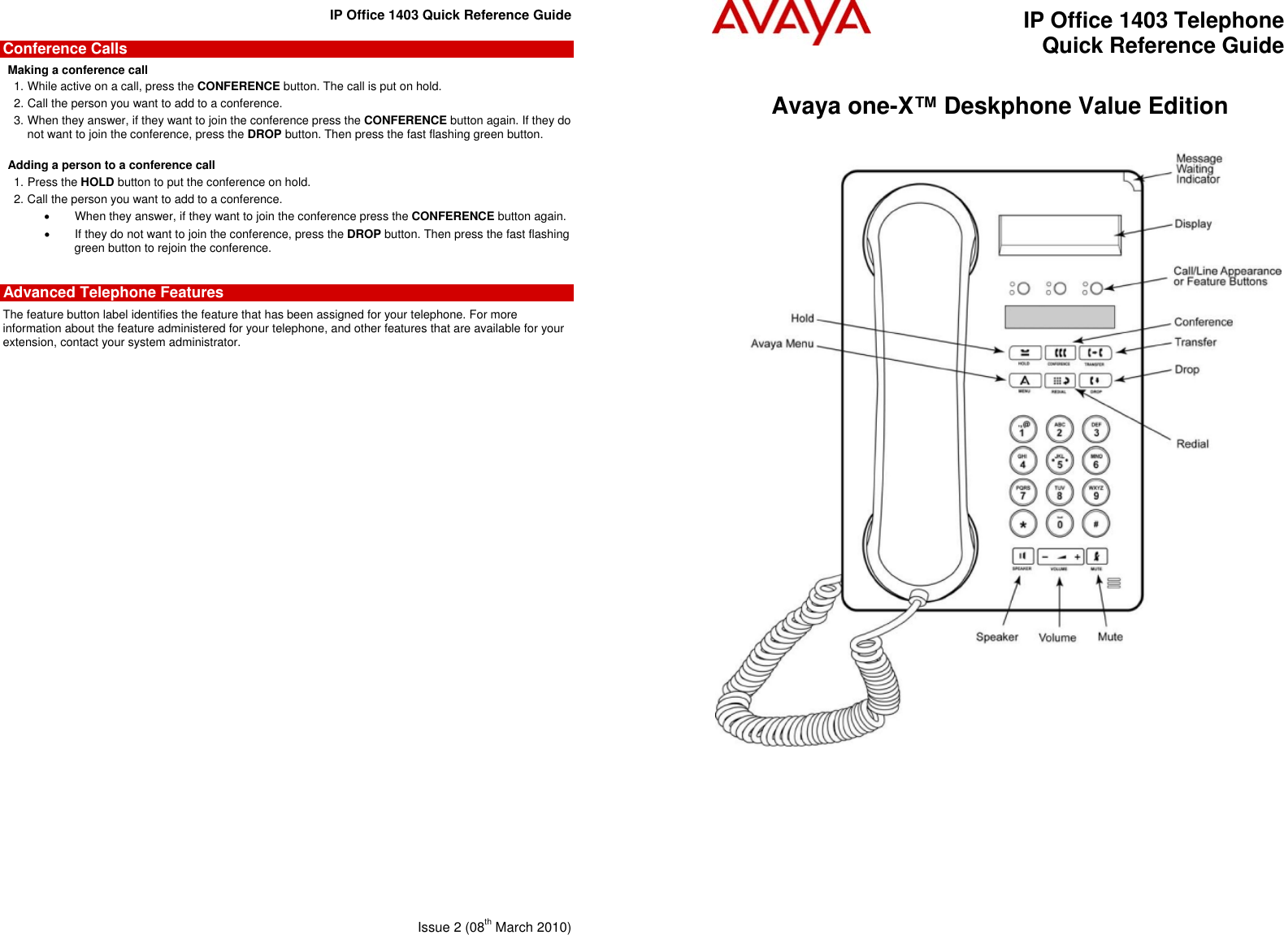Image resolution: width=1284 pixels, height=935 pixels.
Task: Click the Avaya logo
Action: click(791, 22)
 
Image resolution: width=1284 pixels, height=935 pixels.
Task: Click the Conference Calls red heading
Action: click(65, 49)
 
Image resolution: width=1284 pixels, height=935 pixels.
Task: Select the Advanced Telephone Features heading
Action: click(113, 292)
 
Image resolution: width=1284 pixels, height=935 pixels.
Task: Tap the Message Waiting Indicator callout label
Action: click(1199, 169)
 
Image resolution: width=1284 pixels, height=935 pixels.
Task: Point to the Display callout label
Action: click(1193, 223)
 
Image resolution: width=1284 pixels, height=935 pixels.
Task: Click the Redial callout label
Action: click(1192, 444)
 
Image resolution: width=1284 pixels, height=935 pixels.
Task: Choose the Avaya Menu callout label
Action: click(782, 344)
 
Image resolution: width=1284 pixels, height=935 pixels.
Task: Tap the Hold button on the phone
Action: click(1025, 353)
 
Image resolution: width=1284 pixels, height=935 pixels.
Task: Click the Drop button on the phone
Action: click(1095, 380)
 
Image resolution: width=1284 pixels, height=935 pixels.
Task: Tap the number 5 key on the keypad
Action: click(1060, 461)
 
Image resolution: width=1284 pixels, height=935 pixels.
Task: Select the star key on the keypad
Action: click(1023, 524)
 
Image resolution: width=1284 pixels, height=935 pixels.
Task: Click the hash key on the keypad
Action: click(1095, 524)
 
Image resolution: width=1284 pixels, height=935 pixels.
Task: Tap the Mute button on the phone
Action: click(1096, 556)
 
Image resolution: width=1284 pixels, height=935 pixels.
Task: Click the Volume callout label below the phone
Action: click(1057, 638)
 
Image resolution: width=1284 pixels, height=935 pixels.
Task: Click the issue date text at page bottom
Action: click(494, 927)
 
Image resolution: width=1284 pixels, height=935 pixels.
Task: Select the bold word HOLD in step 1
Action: click(98, 182)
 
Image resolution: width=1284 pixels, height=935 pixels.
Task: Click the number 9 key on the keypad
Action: click(1095, 492)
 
